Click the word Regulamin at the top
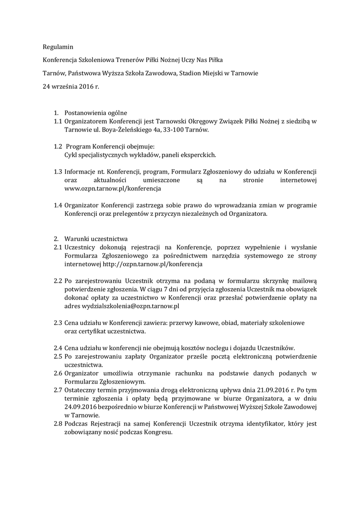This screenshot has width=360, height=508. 58,47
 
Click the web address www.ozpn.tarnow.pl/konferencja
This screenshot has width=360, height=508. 113,189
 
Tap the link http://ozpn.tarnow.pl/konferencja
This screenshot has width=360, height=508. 149,264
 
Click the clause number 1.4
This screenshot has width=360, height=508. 58,205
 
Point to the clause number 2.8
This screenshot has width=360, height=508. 58,424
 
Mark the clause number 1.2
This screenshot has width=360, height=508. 58,146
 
